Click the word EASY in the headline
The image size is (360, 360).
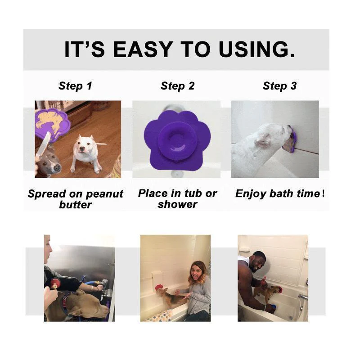141,49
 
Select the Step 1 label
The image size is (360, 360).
75,86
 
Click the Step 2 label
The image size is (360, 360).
178,86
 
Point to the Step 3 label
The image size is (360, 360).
279,86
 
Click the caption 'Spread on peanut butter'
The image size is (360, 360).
75,199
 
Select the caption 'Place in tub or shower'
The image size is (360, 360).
177,198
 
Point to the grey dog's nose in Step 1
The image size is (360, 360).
57,168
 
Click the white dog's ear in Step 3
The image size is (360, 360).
262,141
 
